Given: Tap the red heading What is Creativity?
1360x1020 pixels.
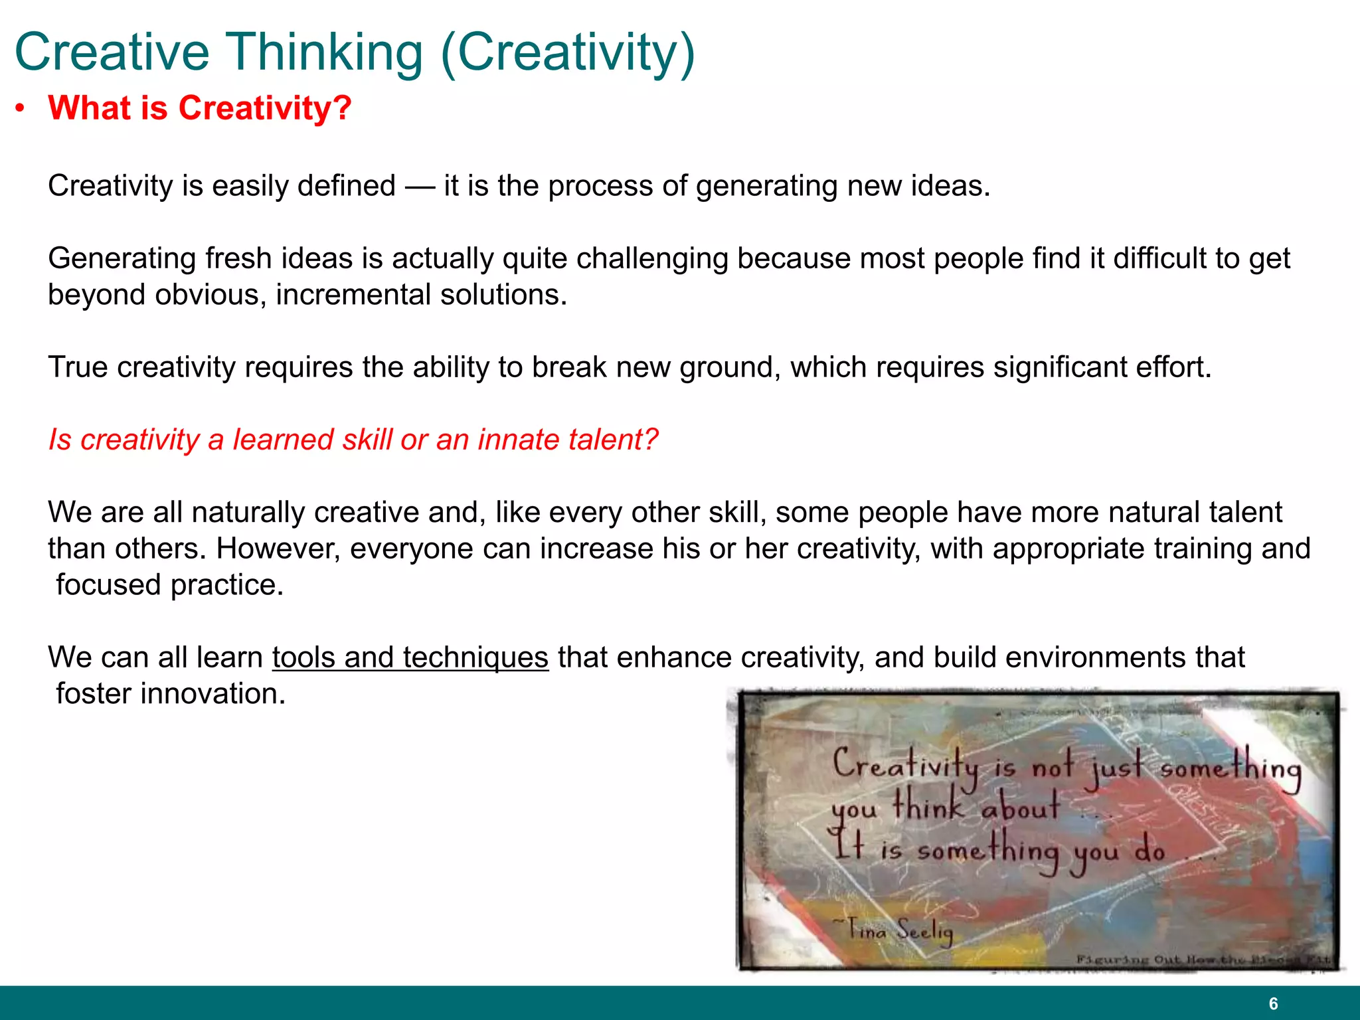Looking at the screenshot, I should tap(199, 108).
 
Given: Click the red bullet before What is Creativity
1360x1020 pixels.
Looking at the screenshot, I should tap(21, 108).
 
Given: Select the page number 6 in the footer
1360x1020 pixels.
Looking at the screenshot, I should tap(1273, 1003).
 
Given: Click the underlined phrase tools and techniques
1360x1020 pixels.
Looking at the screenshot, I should tap(410, 657).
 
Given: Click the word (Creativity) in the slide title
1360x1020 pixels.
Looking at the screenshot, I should tap(568, 52).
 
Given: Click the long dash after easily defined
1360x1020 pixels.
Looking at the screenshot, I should tap(420, 186).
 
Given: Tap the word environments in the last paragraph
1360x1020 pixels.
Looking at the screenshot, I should tap(1059, 657).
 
